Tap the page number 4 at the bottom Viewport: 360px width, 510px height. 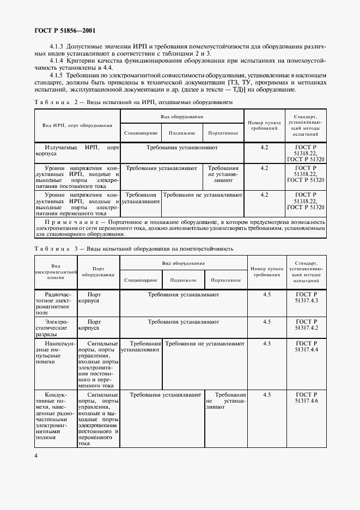click(36, 456)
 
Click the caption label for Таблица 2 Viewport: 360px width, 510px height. click(57, 102)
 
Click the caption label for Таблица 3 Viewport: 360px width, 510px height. click(57, 248)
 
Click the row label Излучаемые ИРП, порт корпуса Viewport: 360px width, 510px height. click(77, 151)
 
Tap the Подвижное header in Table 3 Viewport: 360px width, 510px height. click(183, 280)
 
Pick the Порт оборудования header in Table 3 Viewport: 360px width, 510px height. click(98, 272)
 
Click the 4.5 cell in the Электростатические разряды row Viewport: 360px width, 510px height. click(266, 322)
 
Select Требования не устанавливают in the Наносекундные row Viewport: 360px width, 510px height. click(204, 344)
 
